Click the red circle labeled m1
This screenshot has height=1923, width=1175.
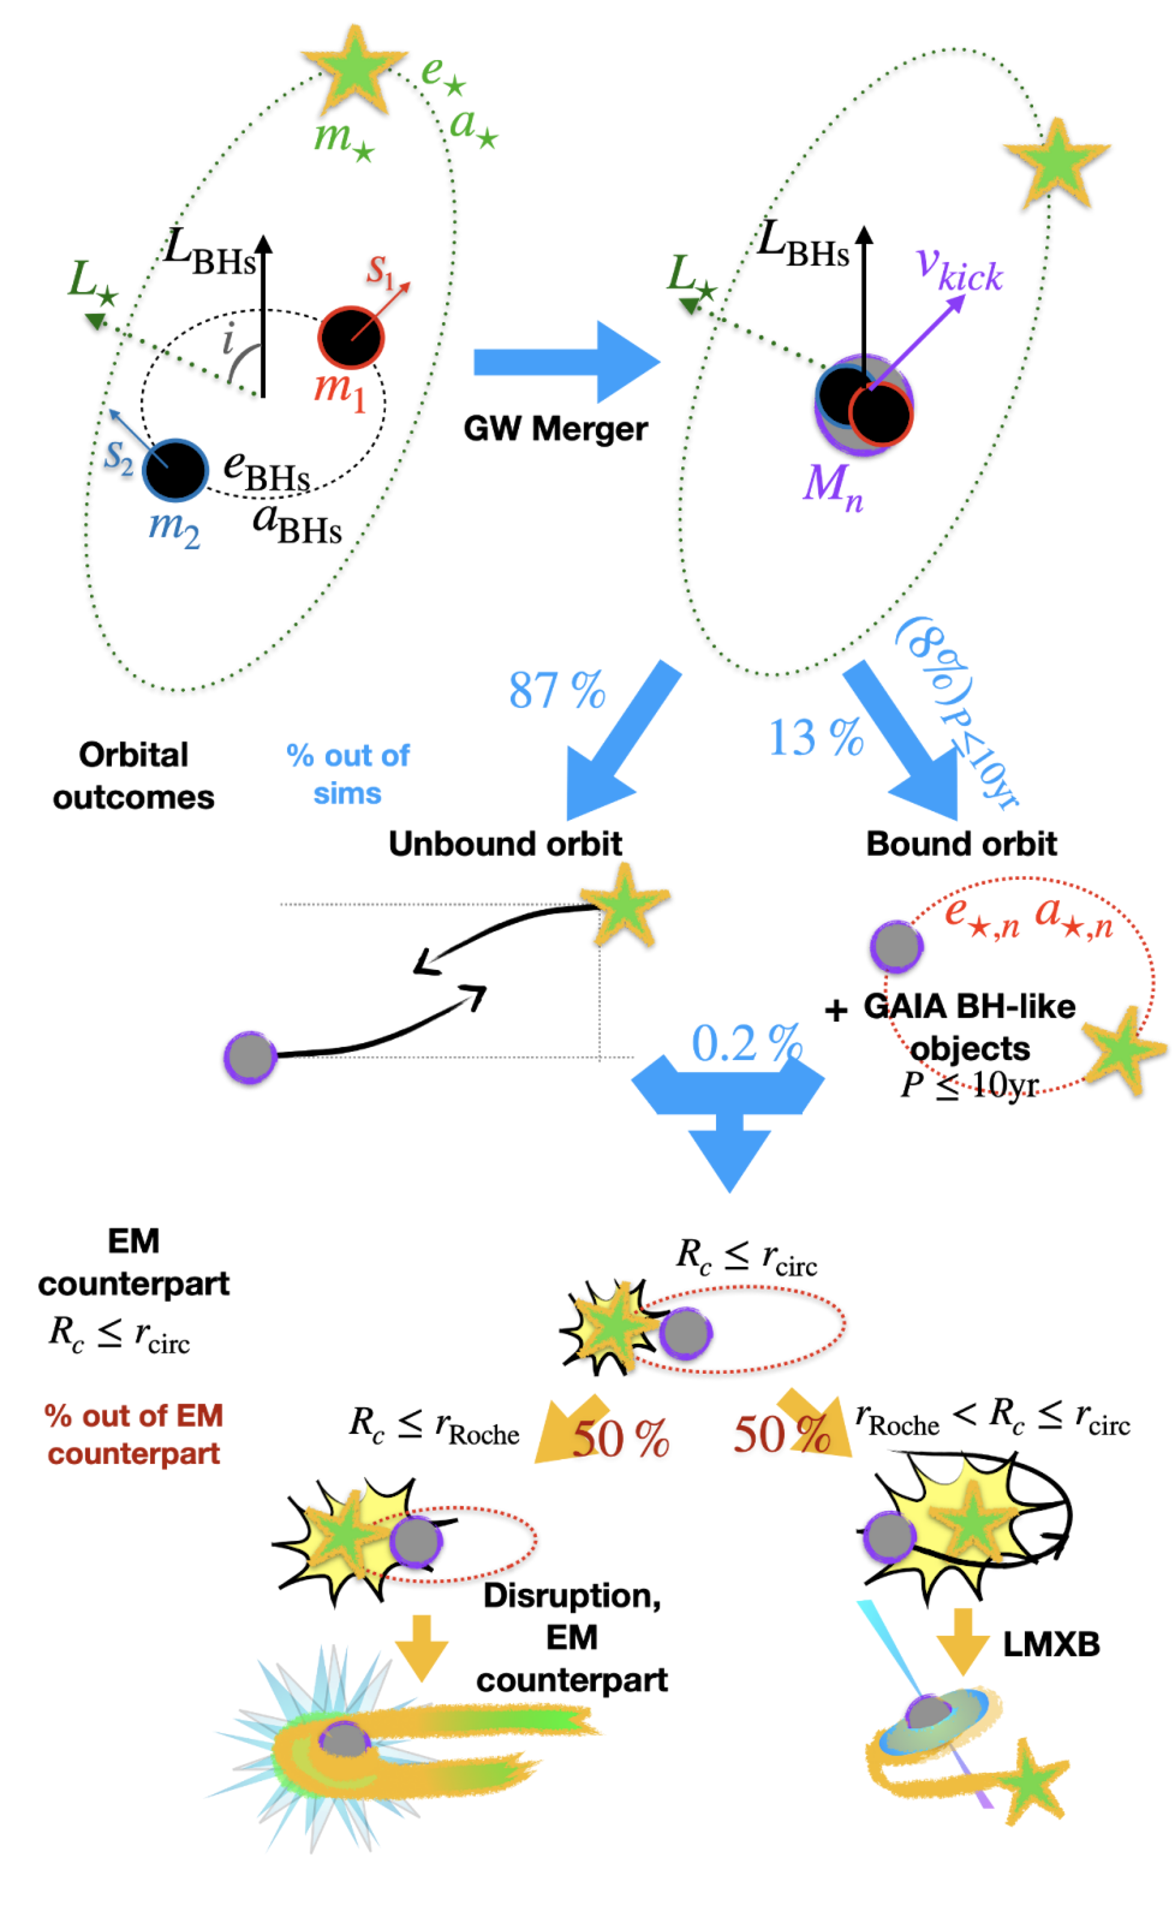[x=350, y=337]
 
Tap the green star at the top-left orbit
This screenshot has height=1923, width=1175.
[x=356, y=68]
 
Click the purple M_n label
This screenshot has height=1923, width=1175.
[x=833, y=486]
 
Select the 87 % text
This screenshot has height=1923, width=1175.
[x=556, y=689]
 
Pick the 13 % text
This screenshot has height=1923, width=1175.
[x=816, y=737]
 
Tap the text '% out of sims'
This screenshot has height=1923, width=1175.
[x=348, y=773]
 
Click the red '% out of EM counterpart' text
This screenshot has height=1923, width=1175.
[x=134, y=1434]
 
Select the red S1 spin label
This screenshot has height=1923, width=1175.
[x=380, y=272]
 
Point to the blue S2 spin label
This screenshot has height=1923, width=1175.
[x=118, y=457]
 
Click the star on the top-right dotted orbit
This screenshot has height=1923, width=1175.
[x=1057, y=162]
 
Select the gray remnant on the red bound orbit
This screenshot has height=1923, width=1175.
[x=896, y=946]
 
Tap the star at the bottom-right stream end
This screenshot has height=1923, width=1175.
[x=1032, y=1782]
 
